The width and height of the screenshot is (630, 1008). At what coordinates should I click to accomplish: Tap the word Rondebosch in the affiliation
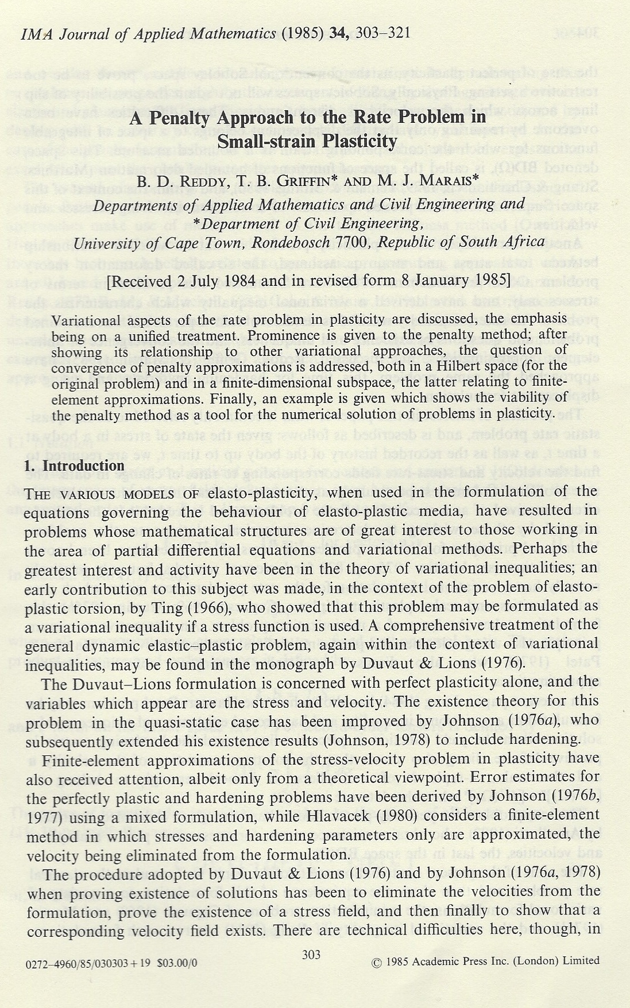(x=291, y=242)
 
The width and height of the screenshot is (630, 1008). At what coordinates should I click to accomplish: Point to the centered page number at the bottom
(x=311, y=955)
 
